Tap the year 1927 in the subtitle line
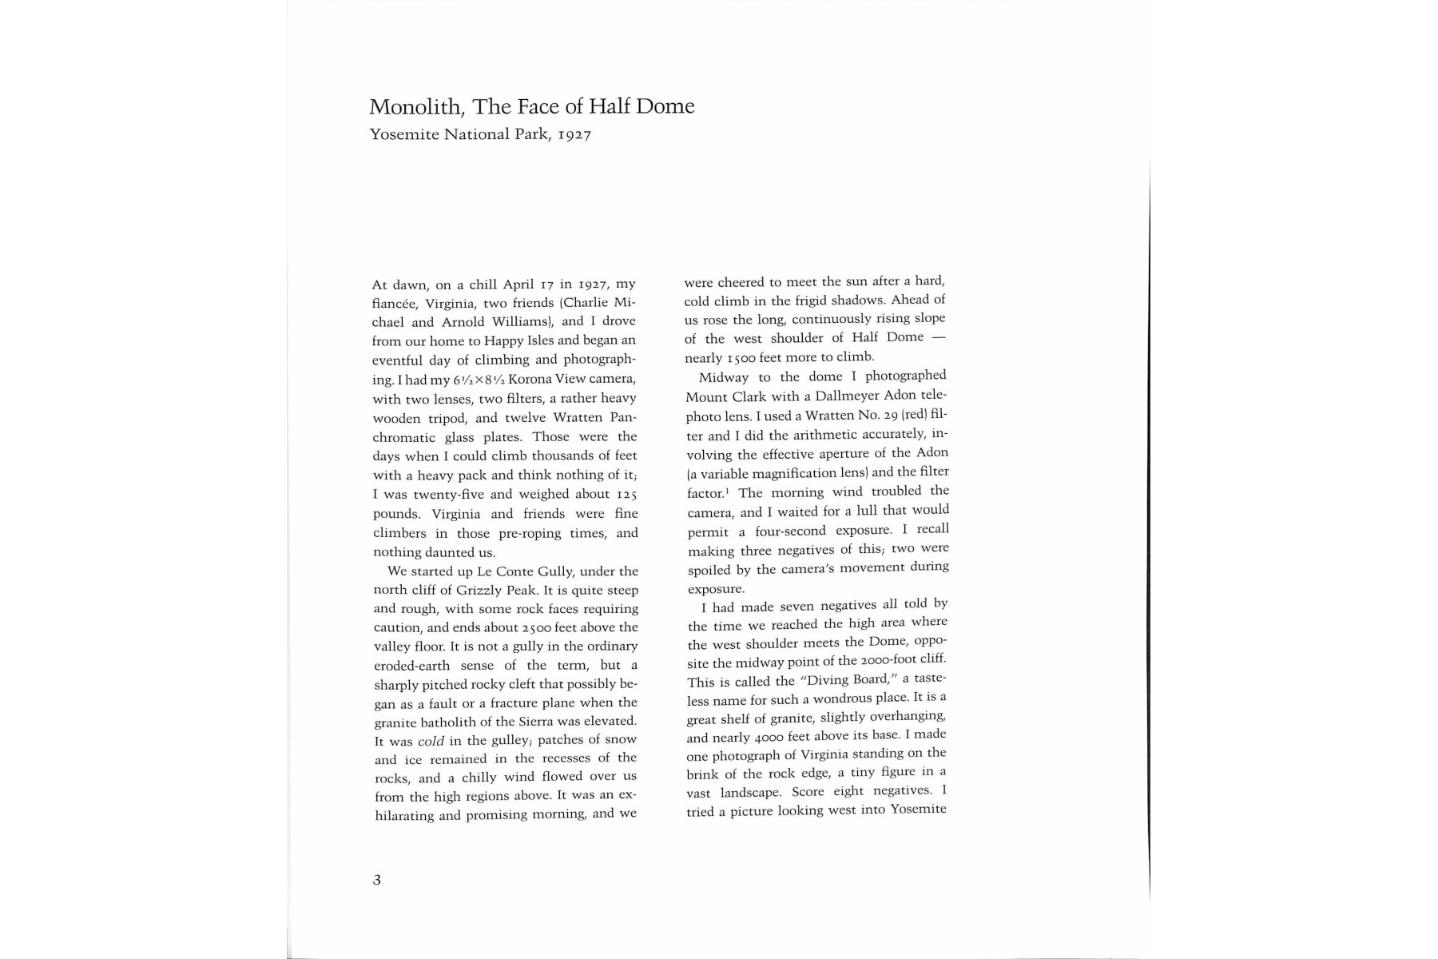(574, 135)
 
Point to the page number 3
(377, 880)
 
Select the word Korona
(531, 379)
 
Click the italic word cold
(431, 741)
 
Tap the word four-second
(790, 531)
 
